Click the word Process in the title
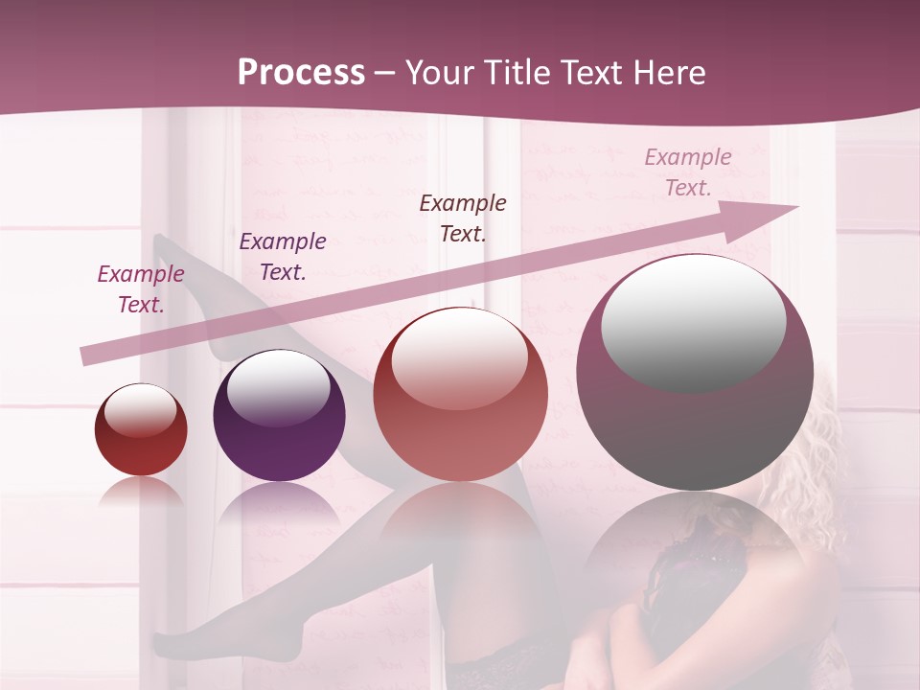301,73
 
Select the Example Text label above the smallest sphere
141,289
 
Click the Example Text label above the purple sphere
283,257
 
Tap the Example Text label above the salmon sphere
463,218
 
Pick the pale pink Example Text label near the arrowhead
688,172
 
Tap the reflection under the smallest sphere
141,492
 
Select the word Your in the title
439,73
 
